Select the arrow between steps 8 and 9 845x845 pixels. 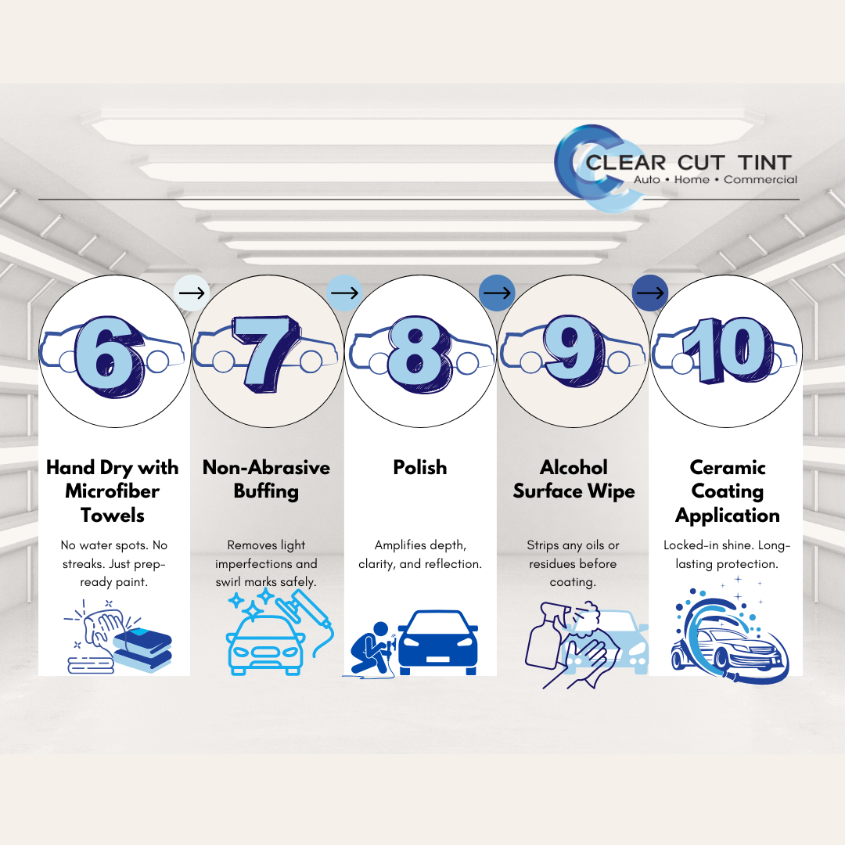pos(498,293)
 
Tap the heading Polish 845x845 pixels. pos(420,468)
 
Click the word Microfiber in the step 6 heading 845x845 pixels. pos(113,491)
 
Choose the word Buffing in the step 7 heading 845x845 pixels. pos(266,491)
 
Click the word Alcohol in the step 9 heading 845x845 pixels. pos(574,468)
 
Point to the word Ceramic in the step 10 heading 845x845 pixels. pos(727,468)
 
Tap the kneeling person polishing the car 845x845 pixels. pos(372,648)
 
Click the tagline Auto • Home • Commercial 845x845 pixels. pos(714,180)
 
